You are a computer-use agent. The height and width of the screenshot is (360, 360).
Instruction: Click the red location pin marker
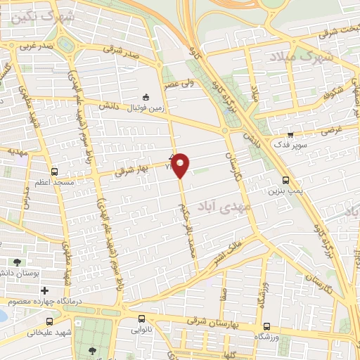click(181, 166)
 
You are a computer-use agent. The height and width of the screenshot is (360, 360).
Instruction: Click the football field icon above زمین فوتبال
click(146, 97)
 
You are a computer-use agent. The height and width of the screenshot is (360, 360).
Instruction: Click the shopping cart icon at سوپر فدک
click(290, 133)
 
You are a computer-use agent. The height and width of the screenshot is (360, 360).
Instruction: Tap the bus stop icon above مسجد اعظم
click(54, 171)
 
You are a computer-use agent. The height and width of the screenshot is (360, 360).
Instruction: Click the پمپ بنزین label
click(285, 191)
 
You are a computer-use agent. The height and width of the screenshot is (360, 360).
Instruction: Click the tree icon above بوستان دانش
click(17, 262)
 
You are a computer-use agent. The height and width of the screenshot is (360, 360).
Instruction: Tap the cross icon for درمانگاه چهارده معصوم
click(44, 290)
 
